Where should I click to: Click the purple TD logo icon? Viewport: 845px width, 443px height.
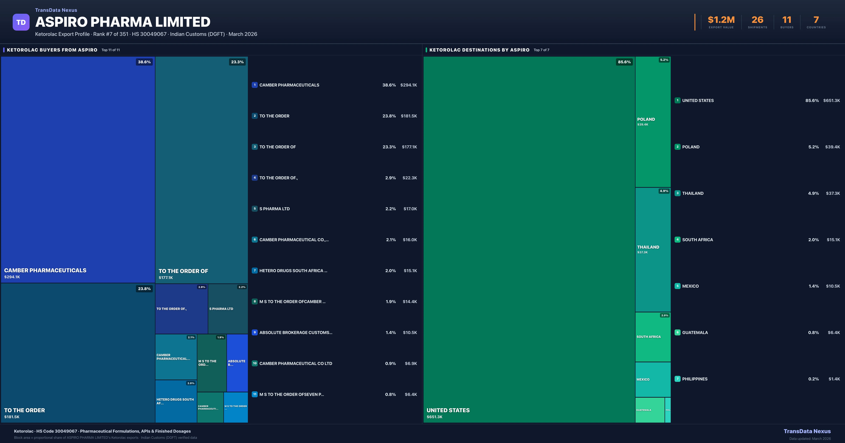(21, 22)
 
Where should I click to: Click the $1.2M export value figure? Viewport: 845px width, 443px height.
(721, 20)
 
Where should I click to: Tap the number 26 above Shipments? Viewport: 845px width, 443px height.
(757, 20)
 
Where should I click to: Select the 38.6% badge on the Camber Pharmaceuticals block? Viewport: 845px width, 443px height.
(144, 62)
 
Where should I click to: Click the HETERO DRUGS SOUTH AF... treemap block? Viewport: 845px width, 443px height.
(176, 401)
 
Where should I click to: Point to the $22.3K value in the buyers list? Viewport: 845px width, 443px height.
(409, 178)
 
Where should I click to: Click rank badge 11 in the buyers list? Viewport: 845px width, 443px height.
(255, 394)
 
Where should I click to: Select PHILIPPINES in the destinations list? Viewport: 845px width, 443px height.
(695, 379)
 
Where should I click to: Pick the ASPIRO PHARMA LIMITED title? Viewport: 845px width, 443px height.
(123, 22)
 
